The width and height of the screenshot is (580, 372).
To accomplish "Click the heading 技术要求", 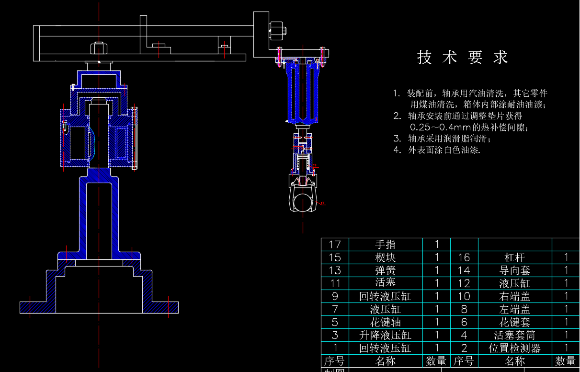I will click(462, 58).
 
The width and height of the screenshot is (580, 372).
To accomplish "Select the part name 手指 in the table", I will click(386, 244).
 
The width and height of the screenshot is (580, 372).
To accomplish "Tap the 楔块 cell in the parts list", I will click(386, 257).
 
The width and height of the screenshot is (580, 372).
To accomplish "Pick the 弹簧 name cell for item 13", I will click(386, 270).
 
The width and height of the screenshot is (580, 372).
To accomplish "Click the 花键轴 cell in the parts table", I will click(386, 322).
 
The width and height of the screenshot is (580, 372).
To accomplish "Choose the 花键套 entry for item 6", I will click(515, 322).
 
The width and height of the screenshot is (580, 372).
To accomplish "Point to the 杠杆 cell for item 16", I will click(515, 257).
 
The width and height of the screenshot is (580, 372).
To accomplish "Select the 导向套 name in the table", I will click(515, 270).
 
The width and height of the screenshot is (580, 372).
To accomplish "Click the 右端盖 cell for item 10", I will click(515, 296).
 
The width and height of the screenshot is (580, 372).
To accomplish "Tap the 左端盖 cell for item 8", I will click(515, 309).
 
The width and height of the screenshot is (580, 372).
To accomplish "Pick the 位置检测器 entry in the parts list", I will click(515, 349).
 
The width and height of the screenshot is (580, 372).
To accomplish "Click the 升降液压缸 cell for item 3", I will click(386, 335).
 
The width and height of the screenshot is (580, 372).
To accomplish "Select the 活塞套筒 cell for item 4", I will click(515, 335).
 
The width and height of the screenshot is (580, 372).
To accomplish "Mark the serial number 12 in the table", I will click(464, 283).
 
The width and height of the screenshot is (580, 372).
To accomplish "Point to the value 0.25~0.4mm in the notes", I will click(441, 128).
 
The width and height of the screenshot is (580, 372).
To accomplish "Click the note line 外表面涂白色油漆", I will click(444, 150).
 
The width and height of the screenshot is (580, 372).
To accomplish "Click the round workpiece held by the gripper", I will click(303, 203).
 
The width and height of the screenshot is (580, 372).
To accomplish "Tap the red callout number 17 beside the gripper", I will click(323, 203).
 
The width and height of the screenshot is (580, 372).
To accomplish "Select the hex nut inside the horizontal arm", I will click(99, 48).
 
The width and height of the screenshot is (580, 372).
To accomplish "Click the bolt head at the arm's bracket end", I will click(278, 31).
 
